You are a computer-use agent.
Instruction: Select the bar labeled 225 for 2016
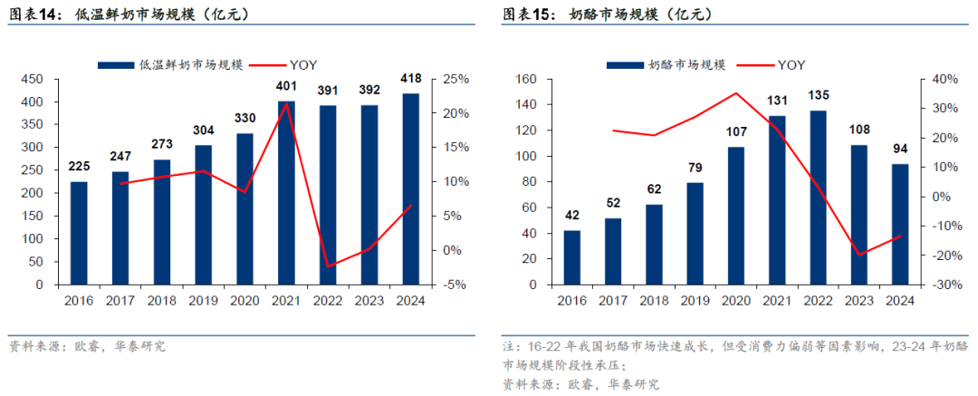pos(79,233)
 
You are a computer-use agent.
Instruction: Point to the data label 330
pos(244,118)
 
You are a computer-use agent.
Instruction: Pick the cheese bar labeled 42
pos(571,257)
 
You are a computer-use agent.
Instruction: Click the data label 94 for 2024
pos(900,149)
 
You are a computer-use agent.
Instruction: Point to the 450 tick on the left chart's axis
pos(34,79)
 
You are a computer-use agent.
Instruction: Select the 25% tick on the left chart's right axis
pos(455,79)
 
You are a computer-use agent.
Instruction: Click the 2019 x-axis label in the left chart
pos(204,301)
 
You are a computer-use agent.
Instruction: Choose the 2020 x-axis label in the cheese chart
pos(735,301)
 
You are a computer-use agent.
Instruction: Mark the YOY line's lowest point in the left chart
pos(328,266)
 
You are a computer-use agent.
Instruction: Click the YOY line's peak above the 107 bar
pos(735,93)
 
